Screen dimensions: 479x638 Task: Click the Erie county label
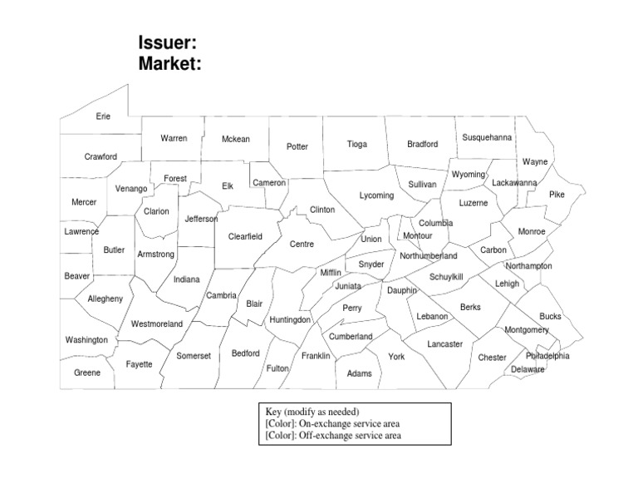pos(103,116)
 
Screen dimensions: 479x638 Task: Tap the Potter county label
pos(297,146)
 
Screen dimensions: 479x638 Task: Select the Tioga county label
pos(356,144)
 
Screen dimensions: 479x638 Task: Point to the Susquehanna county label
pos(487,136)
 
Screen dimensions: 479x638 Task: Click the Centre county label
pos(302,244)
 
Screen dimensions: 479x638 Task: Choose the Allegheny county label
pos(105,299)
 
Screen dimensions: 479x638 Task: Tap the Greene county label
pos(87,373)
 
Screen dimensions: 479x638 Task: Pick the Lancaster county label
pos(445,343)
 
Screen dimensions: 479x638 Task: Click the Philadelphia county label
pos(547,356)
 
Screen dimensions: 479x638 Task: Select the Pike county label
pos(557,194)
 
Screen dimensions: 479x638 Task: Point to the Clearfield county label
pos(245,236)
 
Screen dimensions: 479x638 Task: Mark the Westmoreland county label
pos(157,323)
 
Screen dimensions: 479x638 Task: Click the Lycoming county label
pos(376,195)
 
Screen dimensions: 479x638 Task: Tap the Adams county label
pos(359,373)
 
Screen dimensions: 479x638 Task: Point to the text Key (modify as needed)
pos(312,412)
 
